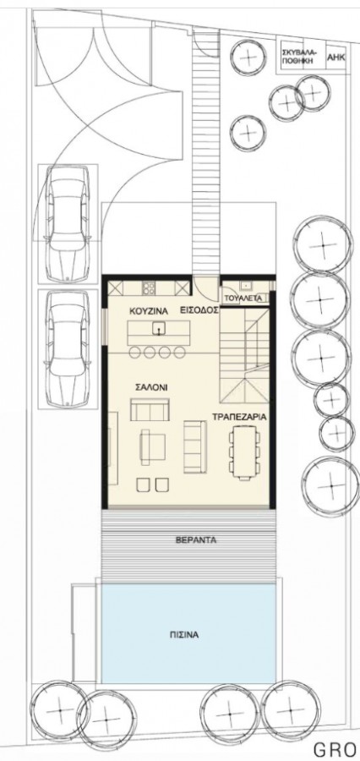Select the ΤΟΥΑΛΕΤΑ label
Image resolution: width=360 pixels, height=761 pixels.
pos(247,298)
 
